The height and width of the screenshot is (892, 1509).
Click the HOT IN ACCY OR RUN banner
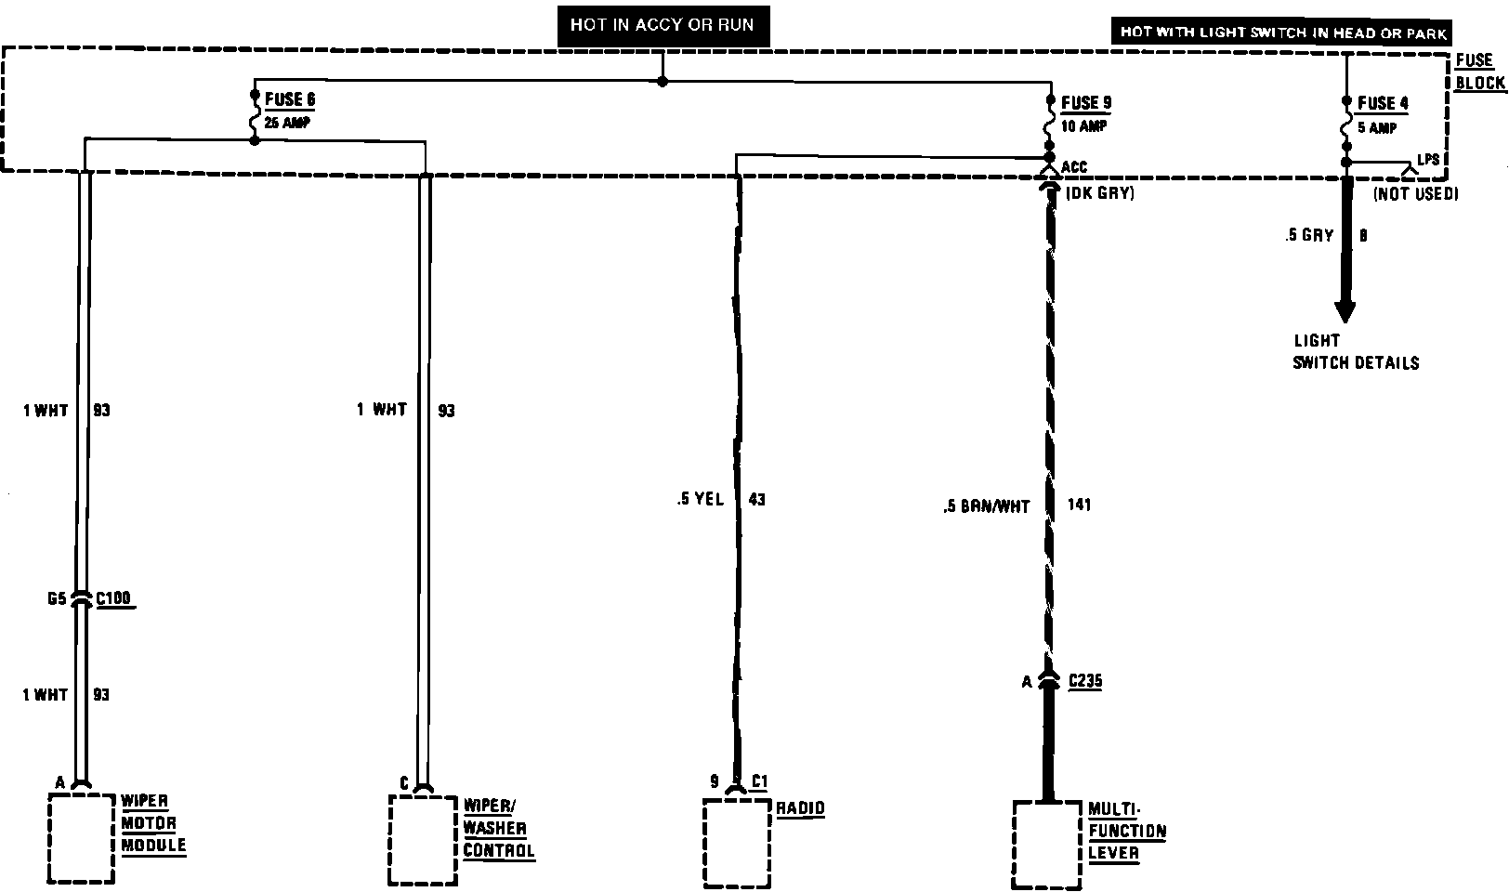pos(663,25)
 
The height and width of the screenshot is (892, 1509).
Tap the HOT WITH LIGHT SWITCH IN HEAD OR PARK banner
pos(1283,33)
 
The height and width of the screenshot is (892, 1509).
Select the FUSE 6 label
pos(290,99)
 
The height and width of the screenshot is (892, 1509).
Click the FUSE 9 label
pos(1085,103)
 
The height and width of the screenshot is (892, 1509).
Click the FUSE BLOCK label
pos(1478,72)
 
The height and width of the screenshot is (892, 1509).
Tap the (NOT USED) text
pos(1415,194)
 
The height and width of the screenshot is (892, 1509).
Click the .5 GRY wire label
pos(1309,236)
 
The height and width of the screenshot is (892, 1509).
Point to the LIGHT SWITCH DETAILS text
pos(1355,352)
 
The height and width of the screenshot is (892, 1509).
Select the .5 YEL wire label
pos(700,500)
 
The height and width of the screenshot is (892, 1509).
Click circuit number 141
pos(1079,505)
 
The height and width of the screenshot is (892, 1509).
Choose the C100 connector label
pos(113,599)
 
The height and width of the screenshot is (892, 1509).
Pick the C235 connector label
pos(1084,681)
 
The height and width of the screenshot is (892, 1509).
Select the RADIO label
pos(800,807)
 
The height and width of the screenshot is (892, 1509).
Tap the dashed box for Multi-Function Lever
pos(1047,844)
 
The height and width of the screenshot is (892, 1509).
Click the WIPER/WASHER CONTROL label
pos(498,827)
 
